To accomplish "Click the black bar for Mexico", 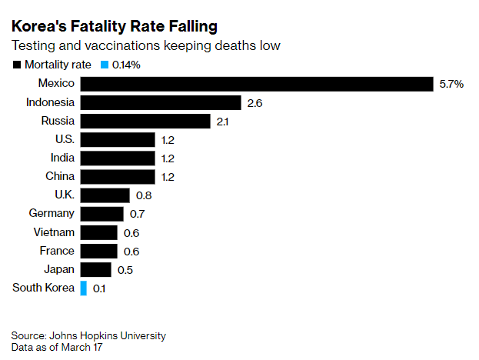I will [x=257, y=84].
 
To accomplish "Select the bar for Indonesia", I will [x=161, y=102].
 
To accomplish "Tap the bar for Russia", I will [x=145, y=121].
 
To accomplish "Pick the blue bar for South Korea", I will [x=83, y=288].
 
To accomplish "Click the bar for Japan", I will [x=96, y=269].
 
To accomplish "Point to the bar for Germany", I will [x=102, y=214].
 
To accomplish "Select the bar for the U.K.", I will [x=105, y=195].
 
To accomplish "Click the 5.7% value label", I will [x=451, y=85].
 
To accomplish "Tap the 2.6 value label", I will [x=254, y=103].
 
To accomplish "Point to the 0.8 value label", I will [x=143, y=195].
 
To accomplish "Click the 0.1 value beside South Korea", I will [x=99, y=288].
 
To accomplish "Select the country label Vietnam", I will [x=54, y=232].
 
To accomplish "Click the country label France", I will [x=57, y=251].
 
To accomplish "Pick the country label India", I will [x=62, y=158].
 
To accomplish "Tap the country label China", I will [x=59, y=176].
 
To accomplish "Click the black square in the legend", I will [x=17, y=65].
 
